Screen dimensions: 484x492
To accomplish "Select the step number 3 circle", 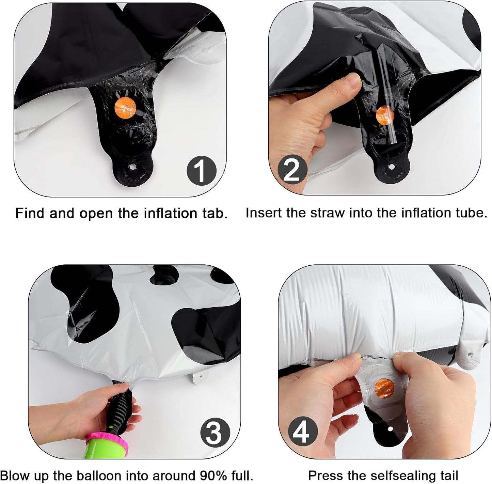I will coord(215,432).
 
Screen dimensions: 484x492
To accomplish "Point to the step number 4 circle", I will coord(303,432).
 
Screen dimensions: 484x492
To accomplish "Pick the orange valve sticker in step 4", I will coord(384,388).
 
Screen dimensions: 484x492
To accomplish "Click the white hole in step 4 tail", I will coord(391,428).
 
